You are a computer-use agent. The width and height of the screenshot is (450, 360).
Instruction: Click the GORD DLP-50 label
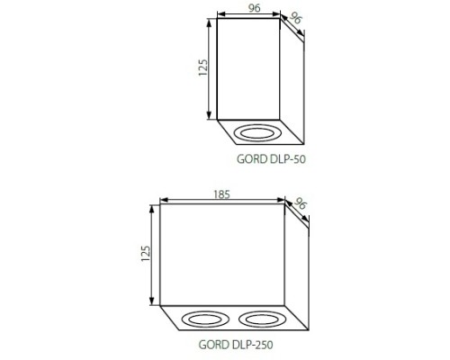pos(271,159)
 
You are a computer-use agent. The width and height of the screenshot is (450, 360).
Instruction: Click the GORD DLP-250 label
pos(236,345)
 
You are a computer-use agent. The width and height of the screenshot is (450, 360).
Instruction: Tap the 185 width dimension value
pos(221,195)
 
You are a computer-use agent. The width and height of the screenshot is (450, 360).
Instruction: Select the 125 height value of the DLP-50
pos(203,67)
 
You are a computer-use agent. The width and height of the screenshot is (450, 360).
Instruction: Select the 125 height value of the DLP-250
pos(146,254)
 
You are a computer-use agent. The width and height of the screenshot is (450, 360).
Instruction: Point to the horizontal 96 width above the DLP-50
pos(254,8)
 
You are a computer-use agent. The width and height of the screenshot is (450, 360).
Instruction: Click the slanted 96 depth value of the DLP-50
pos(295,18)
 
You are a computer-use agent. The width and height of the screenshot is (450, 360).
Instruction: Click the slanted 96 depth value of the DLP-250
pos(301,203)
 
